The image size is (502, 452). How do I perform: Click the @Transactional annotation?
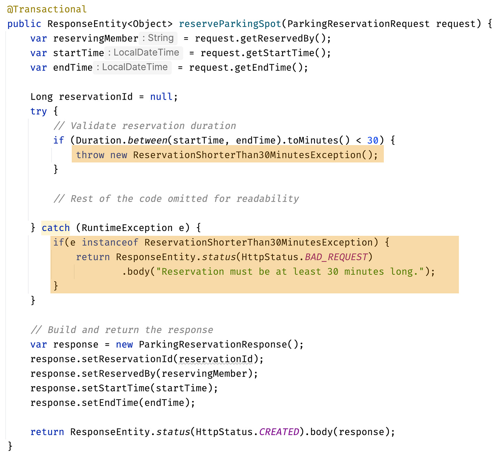(x=47, y=9)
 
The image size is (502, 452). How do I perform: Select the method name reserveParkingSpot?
(x=230, y=24)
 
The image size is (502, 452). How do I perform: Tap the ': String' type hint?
(x=158, y=38)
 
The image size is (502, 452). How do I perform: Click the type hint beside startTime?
(x=143, y=52)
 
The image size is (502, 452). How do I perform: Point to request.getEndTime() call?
(x=248, y=67)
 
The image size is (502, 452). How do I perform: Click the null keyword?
(x=161, y=97)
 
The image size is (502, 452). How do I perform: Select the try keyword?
(x=38, y=111)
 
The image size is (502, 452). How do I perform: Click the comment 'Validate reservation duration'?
(x=145, y=126)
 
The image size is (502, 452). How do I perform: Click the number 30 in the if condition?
(x=373, y=140)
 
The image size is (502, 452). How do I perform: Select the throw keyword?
(x=90, y=155)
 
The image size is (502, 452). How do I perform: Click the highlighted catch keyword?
(x=56, y=228)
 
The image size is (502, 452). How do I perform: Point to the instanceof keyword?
(x=110, y=242)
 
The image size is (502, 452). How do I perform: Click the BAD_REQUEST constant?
(x=336, y=257)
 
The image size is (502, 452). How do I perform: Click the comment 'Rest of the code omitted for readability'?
(x=176, y=199)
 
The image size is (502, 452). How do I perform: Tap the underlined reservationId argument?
(x=216, y=359)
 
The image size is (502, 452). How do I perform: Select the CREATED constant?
(x=279, y=432)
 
